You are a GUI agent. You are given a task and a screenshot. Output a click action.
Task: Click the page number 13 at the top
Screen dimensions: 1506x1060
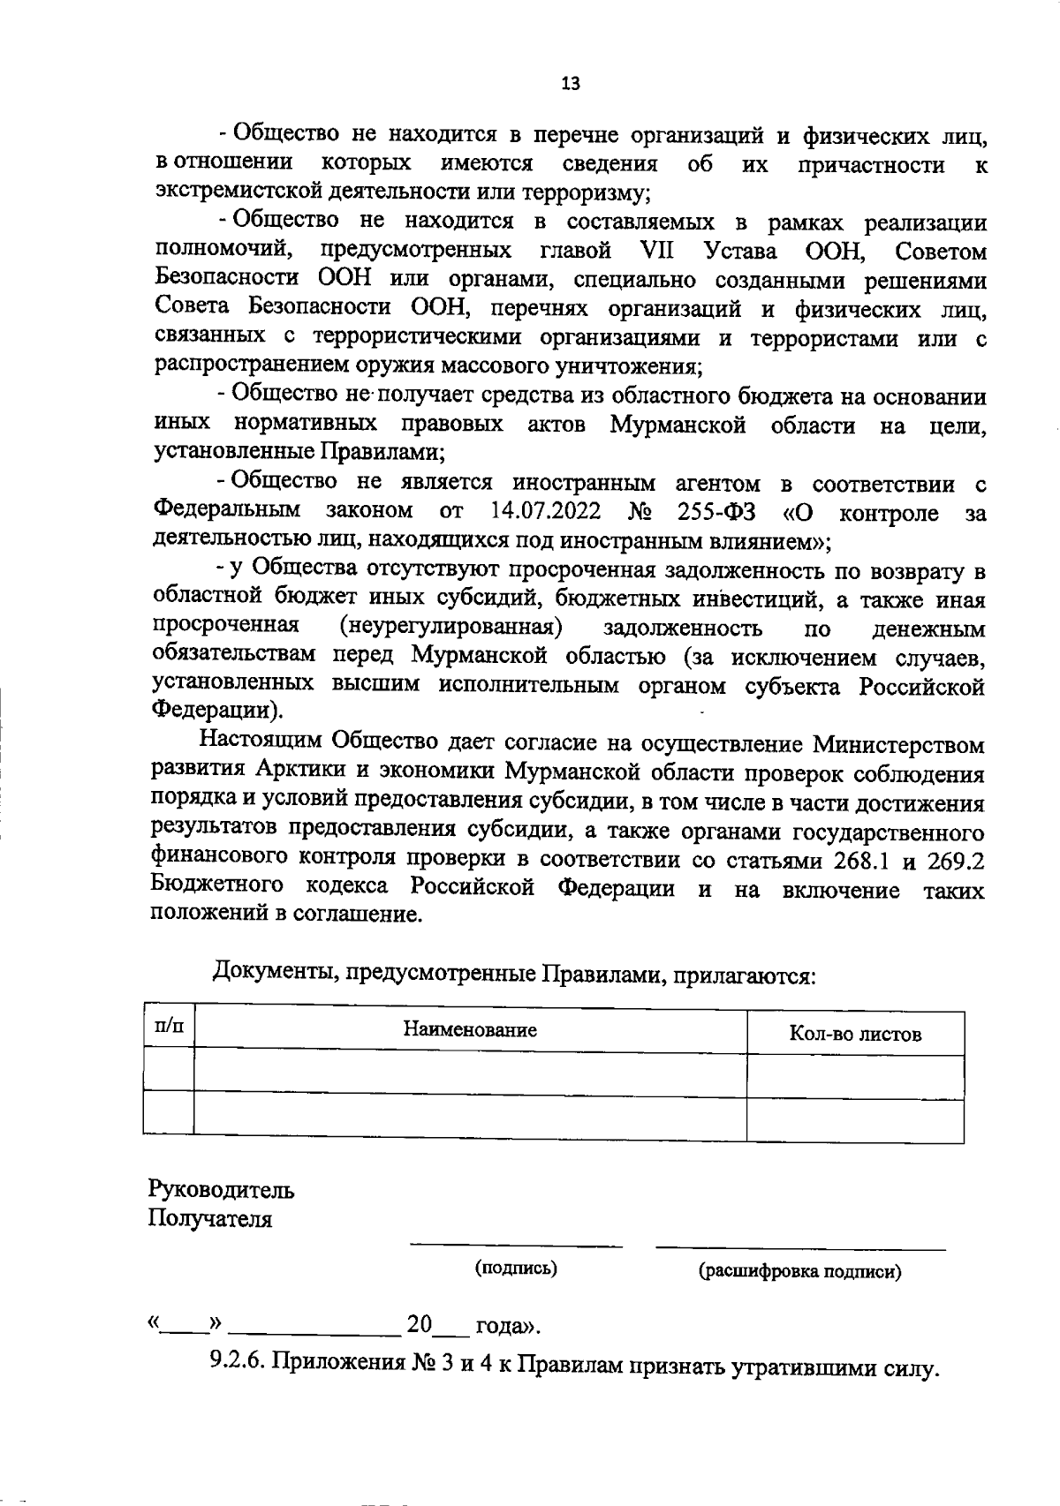coord(571,84)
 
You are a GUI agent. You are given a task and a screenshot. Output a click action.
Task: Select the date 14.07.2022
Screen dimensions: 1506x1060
coord(545,511)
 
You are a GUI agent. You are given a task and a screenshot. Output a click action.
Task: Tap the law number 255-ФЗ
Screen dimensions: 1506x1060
coord(716,511)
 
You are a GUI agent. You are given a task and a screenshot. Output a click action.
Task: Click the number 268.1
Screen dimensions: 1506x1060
coord(867,861)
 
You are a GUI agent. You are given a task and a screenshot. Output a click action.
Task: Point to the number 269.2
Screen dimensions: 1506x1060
coord(955,861)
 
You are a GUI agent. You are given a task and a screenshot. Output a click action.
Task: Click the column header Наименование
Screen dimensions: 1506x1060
coord(470,1029)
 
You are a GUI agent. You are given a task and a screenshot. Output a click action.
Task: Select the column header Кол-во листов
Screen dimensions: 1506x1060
coord(854,1034)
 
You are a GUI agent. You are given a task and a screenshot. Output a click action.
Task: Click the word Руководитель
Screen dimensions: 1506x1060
coord(221,1189)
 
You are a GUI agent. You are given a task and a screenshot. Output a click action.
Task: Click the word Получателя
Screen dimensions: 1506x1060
coord(210,1219)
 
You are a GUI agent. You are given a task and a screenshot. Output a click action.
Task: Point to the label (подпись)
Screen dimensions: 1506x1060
coord(516,1269)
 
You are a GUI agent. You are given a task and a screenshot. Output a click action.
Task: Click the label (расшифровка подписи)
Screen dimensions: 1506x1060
coord(800,1271)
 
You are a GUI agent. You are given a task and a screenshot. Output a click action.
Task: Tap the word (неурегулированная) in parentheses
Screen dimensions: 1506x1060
coord(451,628)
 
